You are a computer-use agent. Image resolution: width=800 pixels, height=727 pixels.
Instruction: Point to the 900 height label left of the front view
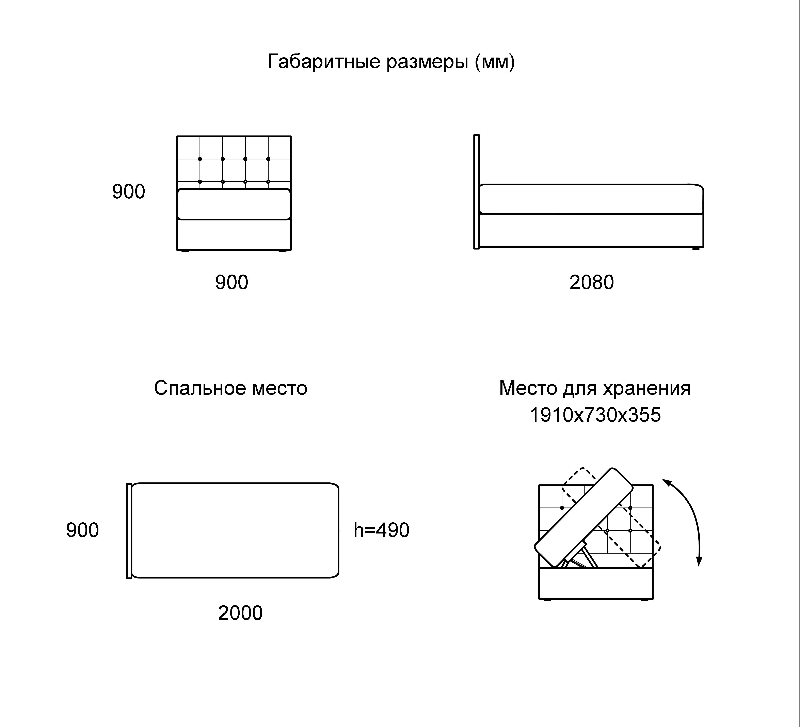pos(129,192)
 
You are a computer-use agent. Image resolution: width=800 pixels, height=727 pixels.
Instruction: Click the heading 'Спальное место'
pos(230,388)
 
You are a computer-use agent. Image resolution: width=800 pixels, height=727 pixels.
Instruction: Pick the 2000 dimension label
pos(240,613)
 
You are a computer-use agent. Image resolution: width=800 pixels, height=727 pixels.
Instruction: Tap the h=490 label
pos(381,530)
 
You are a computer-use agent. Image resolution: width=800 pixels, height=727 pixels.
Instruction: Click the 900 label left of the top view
pos(83,530)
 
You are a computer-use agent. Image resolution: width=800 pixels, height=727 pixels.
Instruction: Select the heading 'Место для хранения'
pos(595,388)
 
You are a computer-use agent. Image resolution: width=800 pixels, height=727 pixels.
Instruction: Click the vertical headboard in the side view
pos(477,192)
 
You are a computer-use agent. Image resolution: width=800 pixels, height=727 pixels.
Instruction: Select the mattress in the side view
pos(591,199)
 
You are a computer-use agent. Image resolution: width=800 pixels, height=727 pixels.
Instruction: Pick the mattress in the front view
pos(234,204)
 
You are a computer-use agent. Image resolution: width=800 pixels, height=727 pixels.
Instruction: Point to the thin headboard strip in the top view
pos(129,531)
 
